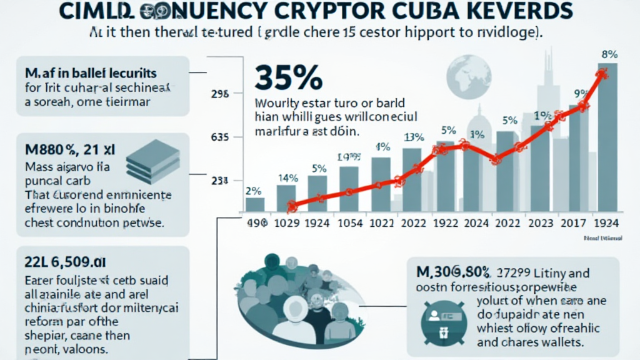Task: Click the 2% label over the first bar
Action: pyautogui.click(x=254, y=191)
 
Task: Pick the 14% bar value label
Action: pyautogui.click(x=286, y=177)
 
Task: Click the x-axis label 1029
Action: pyautogui.click(x=288, y=223)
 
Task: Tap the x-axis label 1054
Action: pyautogui.click(x=352, y=223)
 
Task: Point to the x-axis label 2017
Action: pyautogui.click(x=574, y=223)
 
